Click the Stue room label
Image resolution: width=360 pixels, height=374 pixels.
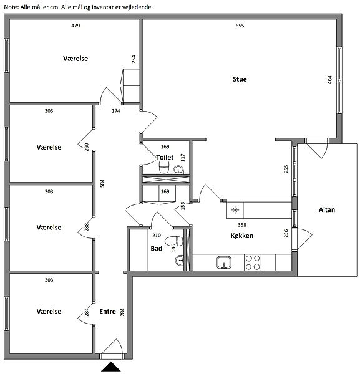coord(240,79)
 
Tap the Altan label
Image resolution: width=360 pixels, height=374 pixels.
coord(327,209)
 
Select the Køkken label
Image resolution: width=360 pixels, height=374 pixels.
coord(242,236)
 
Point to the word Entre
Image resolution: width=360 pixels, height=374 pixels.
coord(107,311)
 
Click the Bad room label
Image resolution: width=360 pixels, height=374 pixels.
coord(157,249)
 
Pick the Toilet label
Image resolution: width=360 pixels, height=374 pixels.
coord(165,157)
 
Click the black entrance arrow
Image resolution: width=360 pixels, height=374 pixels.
coord(111,367)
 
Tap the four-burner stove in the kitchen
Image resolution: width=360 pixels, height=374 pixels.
coord(253,262)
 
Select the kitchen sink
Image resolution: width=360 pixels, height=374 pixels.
coord(224,262)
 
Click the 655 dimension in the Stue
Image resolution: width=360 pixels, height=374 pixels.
coord(240,26)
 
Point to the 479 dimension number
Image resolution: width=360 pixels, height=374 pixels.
coord(75,26)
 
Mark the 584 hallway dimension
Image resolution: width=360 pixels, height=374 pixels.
coord(102,183)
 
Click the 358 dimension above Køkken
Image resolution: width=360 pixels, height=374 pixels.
coord(242,225)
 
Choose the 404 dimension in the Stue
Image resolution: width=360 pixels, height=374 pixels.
coord(329,80)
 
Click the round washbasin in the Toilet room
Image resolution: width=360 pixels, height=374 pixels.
coord(178,170)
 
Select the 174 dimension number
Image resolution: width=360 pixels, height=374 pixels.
coord(116,111)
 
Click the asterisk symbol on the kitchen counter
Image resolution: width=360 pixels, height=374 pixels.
coord(235,210)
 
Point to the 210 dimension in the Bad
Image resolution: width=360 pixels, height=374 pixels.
coord(157,236)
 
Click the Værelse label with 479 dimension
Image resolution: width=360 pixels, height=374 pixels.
coord(75,59)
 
